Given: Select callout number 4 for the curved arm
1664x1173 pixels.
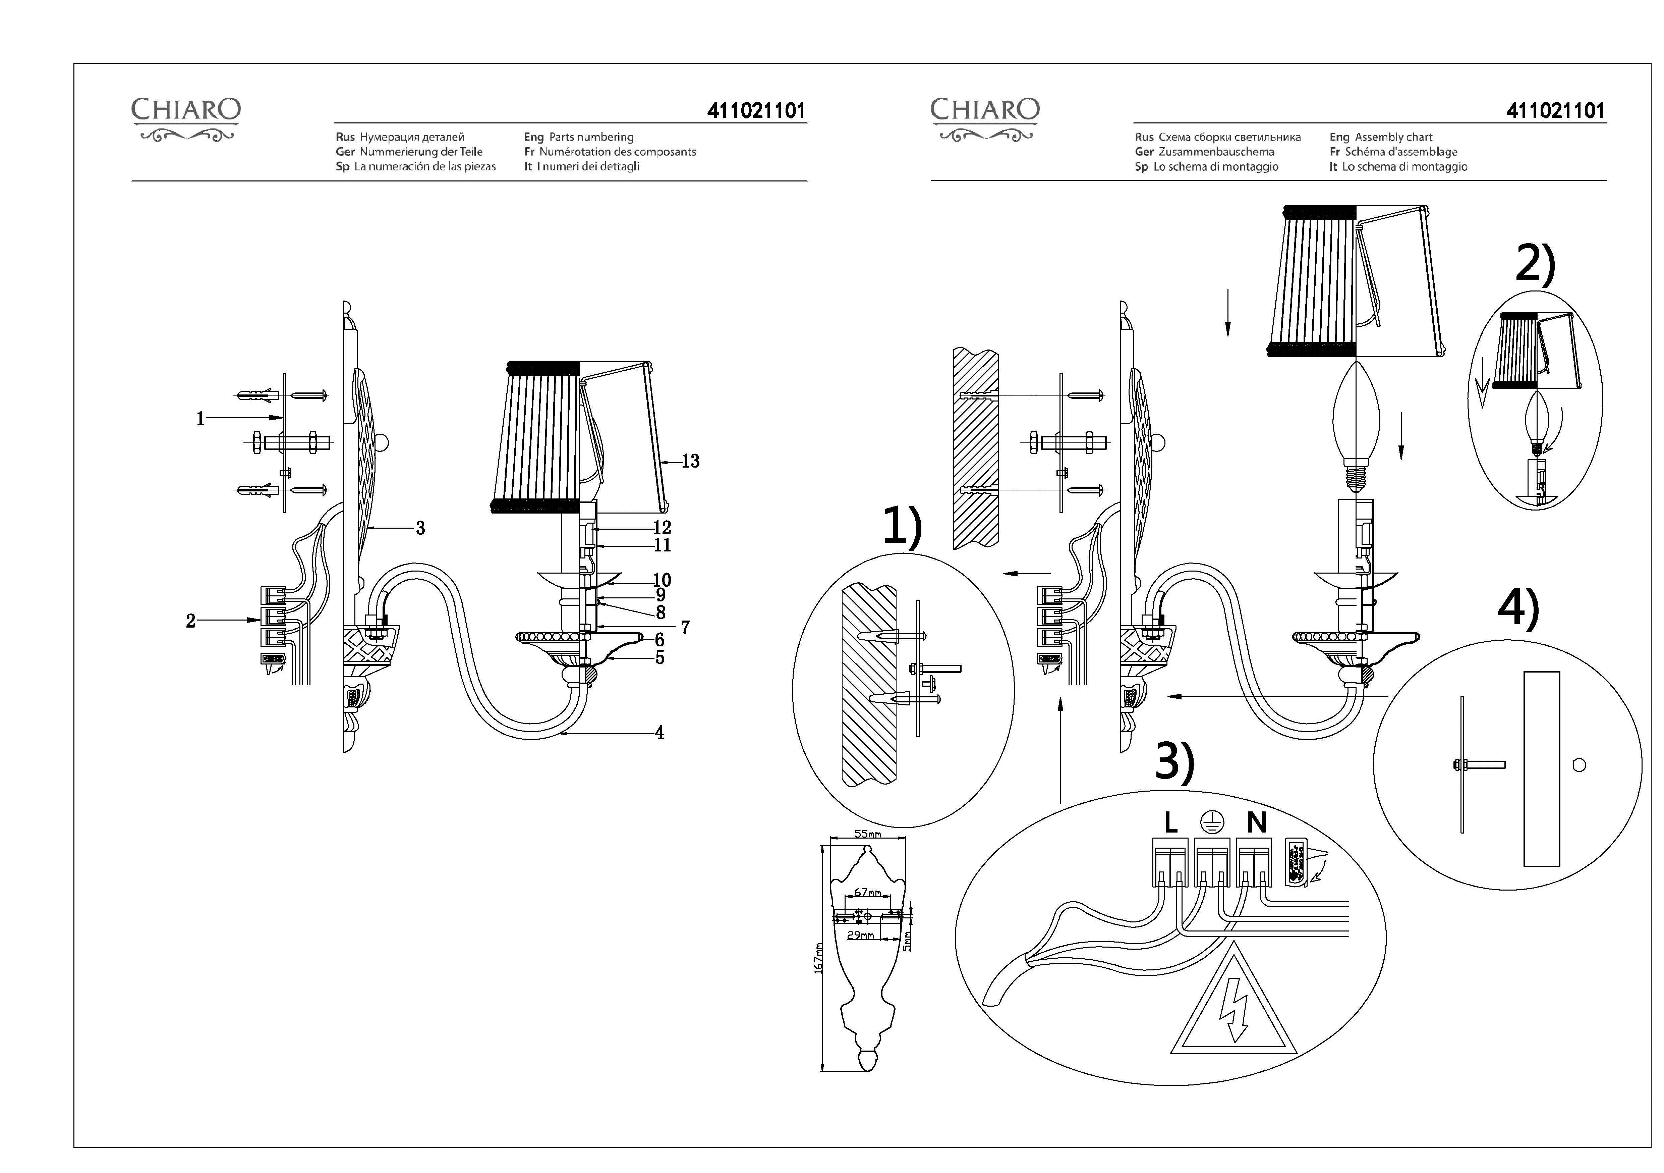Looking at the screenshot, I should coord(659,733).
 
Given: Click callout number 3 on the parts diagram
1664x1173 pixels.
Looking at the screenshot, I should coord(420,529).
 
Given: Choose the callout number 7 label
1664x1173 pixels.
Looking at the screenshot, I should coord(685,628).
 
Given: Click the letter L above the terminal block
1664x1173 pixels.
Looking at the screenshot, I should coord(1170,823).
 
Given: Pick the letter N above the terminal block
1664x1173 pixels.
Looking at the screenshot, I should coord(1257,823).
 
